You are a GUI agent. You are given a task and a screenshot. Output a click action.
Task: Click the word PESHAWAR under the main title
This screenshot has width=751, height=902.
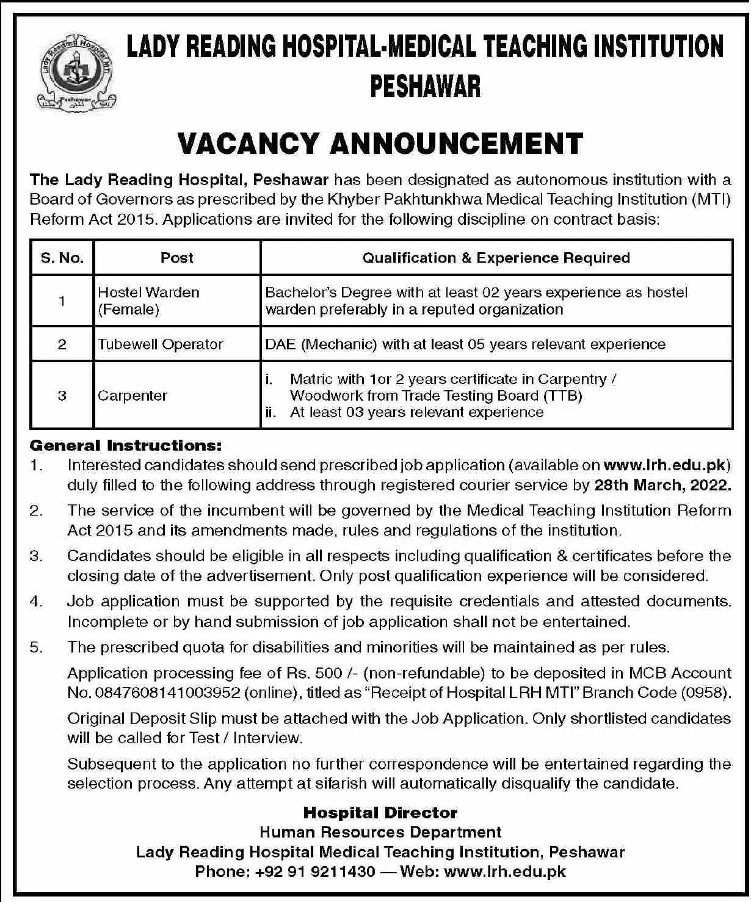pyautogui.click(x=426, y=87)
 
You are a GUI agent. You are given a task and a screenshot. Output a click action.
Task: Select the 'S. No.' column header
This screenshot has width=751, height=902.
pyautogui.click(x=62, y=258)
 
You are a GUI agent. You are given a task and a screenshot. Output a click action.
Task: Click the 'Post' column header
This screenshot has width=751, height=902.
pyautogui.click(x=177, y=258)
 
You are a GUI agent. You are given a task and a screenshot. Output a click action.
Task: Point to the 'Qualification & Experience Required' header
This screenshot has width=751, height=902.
pyautogui.click(x=496, y=258)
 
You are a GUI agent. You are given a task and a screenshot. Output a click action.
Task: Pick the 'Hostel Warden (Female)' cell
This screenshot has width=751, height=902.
pyautogui.click(x=148, y=300)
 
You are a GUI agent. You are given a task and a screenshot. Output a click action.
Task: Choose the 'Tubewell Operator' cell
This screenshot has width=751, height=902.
pyautogui.click(x=161, y=344)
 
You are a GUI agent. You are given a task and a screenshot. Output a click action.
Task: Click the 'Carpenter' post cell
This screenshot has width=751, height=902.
pyautogui.click(x=132, y=395)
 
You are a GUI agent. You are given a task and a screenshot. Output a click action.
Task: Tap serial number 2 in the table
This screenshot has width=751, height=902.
pyautogui.click(x=62, y=344)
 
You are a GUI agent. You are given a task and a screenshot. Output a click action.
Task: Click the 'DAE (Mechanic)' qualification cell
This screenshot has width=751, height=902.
pyautogui.click(x=465, y=344)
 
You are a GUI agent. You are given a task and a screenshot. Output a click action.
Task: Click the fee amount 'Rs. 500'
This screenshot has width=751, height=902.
pyautogui.click(x=308, y=673)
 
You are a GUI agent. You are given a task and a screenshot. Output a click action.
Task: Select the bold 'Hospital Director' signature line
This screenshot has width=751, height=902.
pyautogui.click(x=380, y=813)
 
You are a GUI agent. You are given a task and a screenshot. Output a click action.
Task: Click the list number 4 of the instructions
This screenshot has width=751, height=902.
pyautogui.click(x=36, y=602)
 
